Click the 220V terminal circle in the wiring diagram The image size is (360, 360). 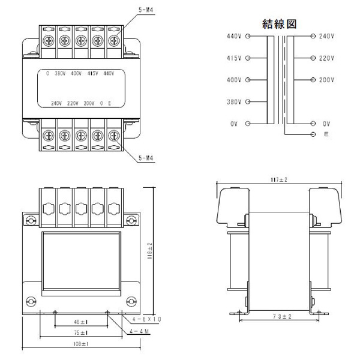pos(313,58)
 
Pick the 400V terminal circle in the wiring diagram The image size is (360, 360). pos(248,80)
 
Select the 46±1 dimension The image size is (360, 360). pos(81,322)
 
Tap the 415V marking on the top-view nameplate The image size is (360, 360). pos(92,74)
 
